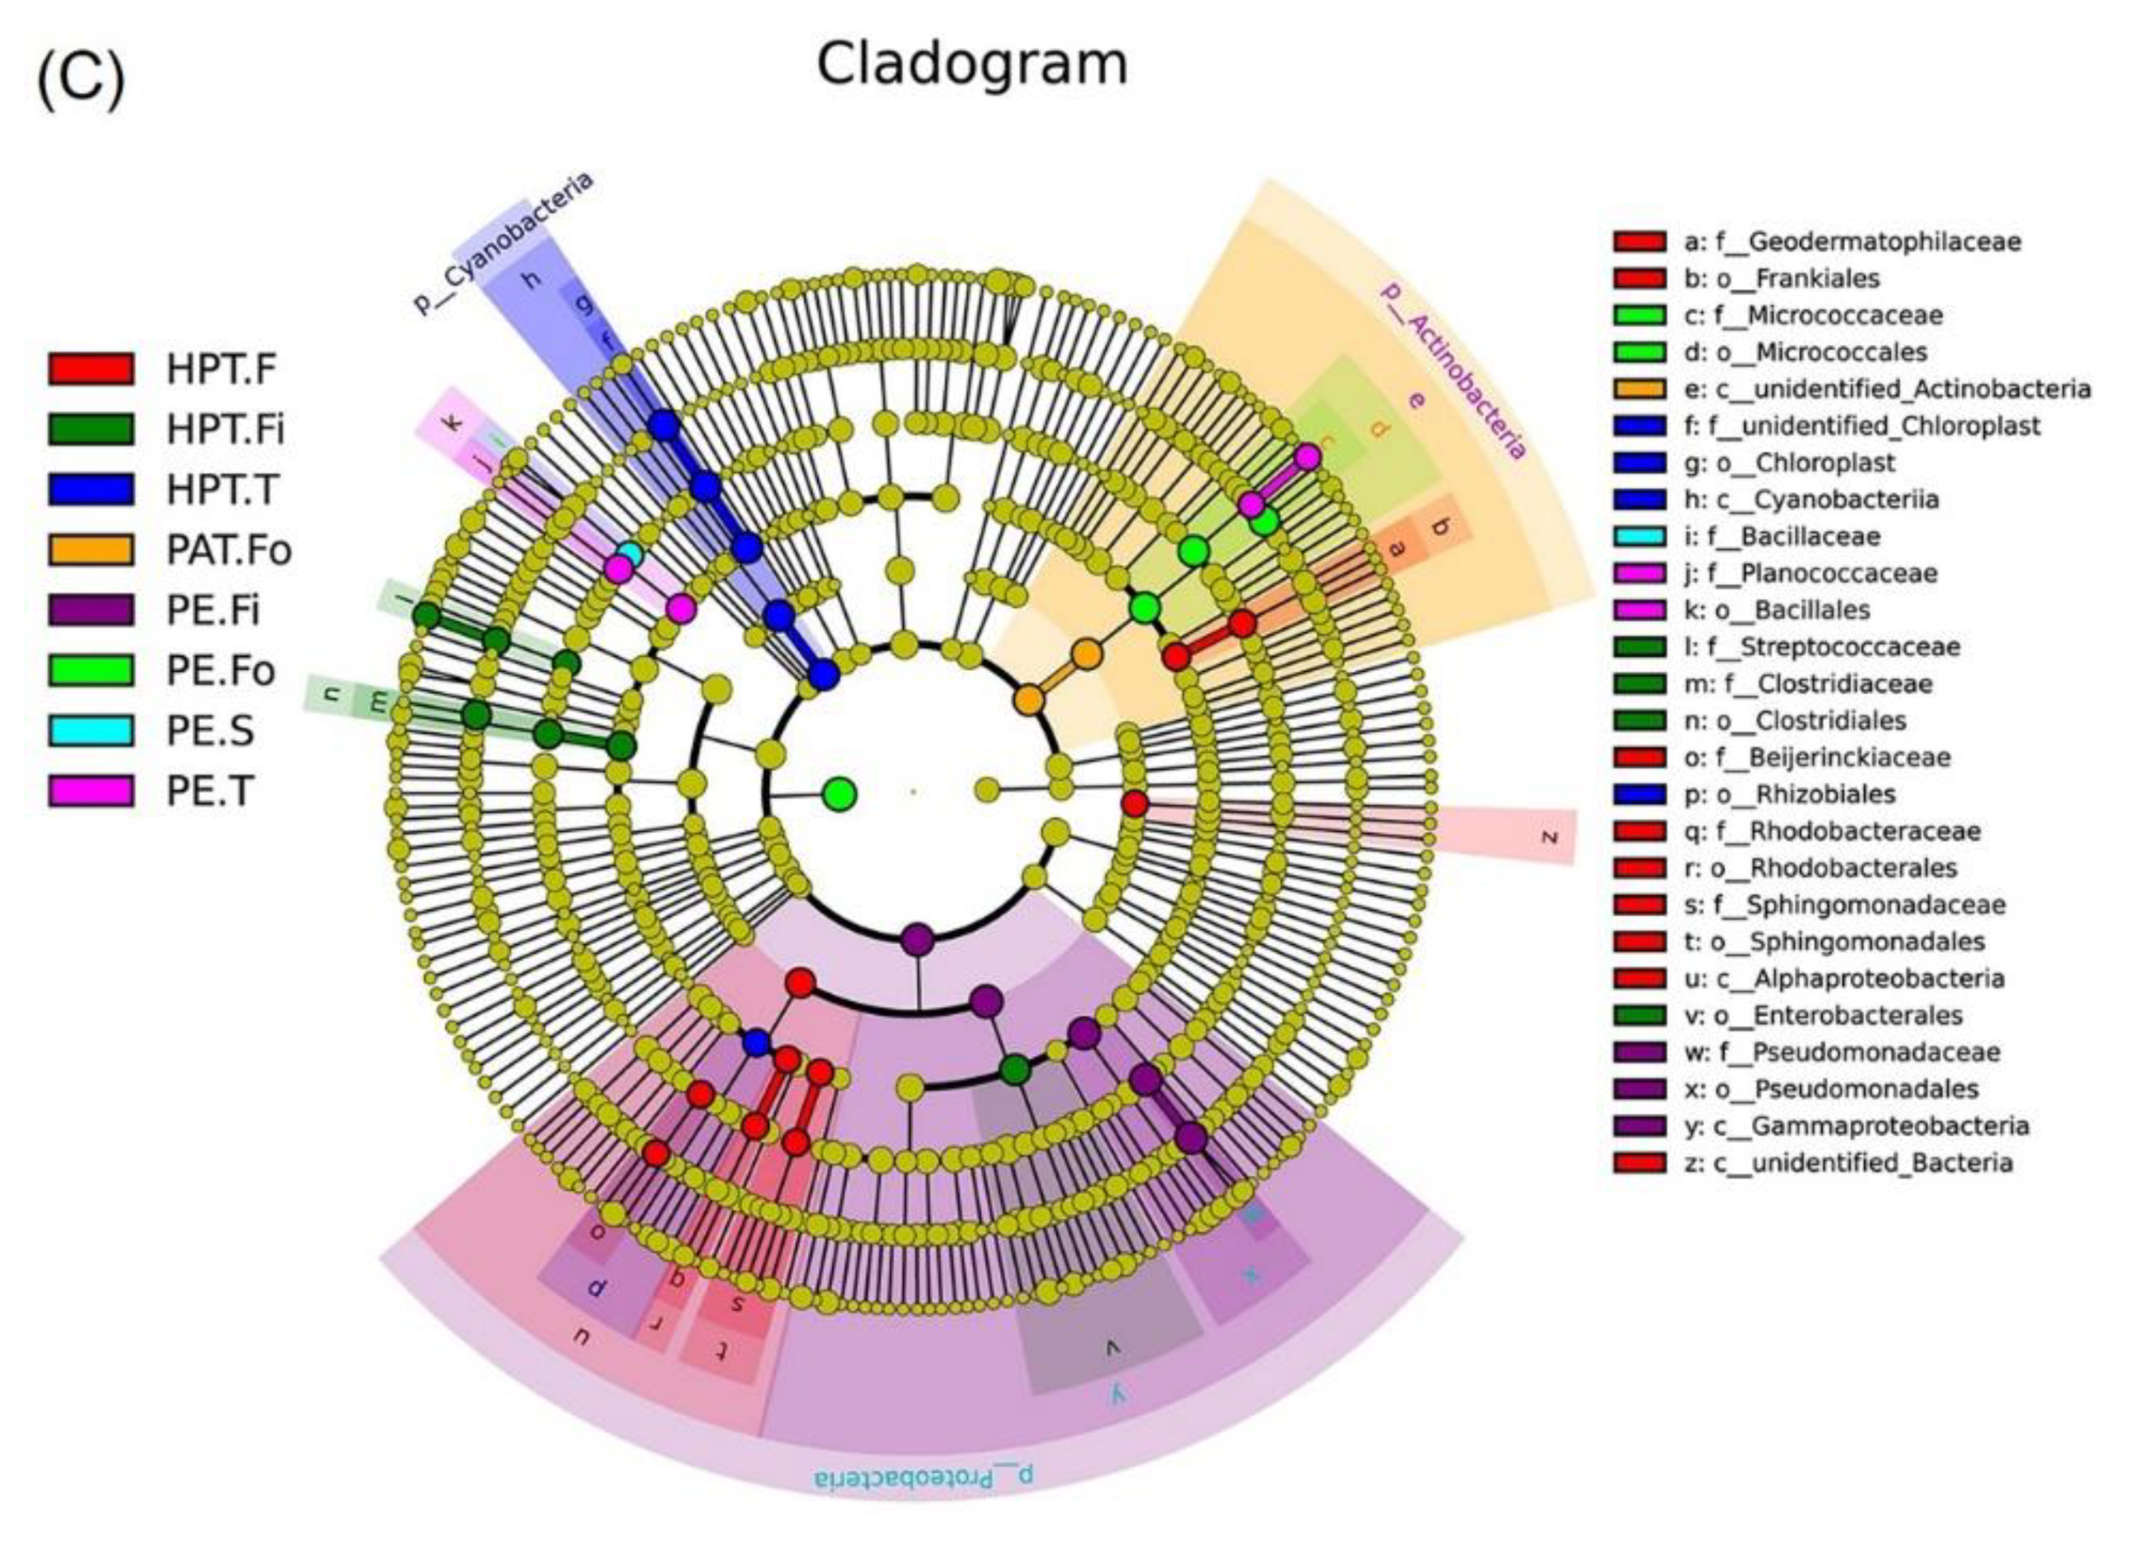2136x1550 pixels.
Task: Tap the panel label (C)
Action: [80, 80]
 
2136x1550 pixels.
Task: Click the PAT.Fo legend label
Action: [229, 550]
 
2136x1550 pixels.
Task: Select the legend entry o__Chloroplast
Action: [1801, 463]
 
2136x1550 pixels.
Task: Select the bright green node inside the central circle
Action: [839, 794]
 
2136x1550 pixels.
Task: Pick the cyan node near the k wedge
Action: [630, 555]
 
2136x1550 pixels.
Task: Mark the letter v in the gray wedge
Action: [1111, 1349]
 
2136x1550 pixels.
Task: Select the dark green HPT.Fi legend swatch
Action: [91, 429]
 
